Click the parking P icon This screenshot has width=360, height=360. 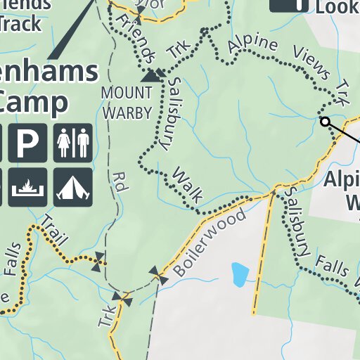coord(27,143)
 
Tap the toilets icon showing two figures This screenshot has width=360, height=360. coord(72,143)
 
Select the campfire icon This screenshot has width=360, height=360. coord(27,187)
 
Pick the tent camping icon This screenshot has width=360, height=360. coord(72,187)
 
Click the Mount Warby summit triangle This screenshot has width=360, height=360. coord(149,77)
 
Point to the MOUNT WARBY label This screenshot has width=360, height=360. coord(127,101)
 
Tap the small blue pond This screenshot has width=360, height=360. coord(240,274)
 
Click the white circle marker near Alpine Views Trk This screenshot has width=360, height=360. coord(325,122)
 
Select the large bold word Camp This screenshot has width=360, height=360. coord(35,101)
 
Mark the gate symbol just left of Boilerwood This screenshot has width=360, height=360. coord(158,275)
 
